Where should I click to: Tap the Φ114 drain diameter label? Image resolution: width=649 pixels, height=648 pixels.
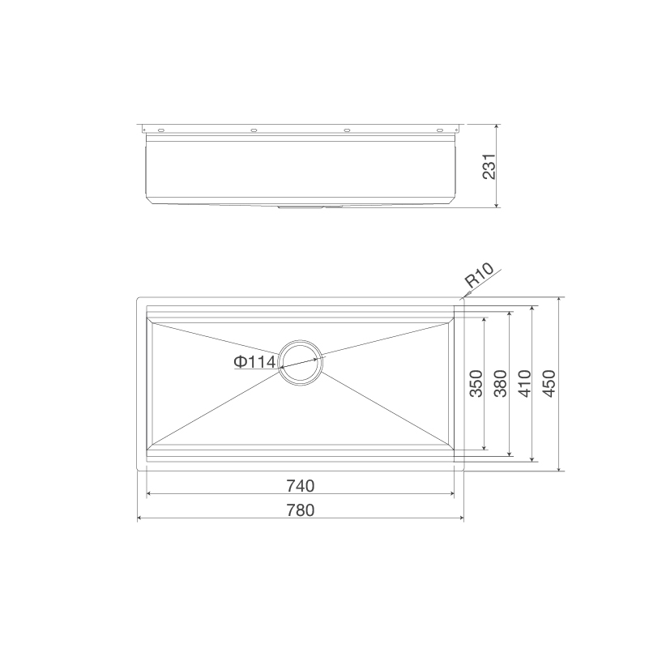(254, 362)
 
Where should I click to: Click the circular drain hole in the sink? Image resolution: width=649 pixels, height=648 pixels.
(301, 361)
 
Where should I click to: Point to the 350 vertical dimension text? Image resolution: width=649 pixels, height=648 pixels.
(476, 384)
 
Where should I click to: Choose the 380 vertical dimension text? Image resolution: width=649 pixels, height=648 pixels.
(500, 384)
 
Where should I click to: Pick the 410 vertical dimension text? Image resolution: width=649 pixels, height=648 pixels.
(523, 384)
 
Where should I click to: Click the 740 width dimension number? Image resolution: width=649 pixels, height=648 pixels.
(299, 486)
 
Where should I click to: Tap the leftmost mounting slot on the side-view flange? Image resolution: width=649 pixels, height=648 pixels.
(160, 130)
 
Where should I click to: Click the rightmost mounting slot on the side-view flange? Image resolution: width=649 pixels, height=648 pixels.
(441, 130)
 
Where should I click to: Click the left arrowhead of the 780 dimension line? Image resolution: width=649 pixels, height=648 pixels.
(141, 518)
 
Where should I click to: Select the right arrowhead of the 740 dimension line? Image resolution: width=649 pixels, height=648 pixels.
(450, 494)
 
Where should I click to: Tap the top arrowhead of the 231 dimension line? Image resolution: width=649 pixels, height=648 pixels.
(496, 128)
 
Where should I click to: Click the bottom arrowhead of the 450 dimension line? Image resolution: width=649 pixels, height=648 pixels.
(559, 467)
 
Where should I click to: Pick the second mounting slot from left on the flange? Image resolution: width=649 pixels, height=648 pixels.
(254, 130)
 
